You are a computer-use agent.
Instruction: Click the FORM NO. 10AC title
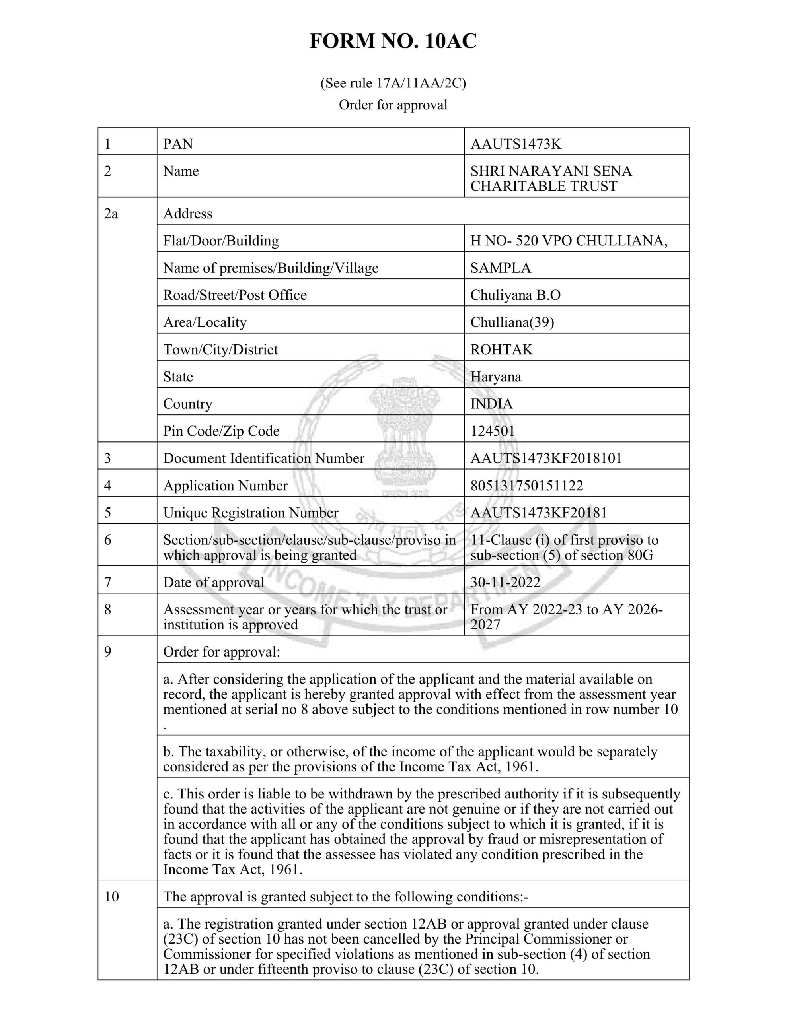point(393,41)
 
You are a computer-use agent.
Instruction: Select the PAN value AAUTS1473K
point(516,144)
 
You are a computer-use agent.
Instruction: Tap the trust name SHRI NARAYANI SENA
point(551,171)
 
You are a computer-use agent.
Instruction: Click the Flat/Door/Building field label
point(221,241)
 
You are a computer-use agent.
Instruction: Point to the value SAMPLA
point(500,268)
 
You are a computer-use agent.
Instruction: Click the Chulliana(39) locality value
point(512,322)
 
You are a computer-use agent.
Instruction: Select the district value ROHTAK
point(501,350)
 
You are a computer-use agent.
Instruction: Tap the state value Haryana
point(495,377)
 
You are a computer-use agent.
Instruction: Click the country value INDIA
point(491,404)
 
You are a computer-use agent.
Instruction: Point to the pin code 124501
point(492,431)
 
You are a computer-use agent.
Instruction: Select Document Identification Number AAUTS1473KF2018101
point(546,458)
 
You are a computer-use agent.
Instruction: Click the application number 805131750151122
point(526,486)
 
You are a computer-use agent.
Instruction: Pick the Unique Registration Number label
point(251,513)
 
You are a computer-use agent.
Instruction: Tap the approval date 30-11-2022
point(505,582)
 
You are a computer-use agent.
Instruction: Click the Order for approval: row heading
point(222,652)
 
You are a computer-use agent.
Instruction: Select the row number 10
point(111,896)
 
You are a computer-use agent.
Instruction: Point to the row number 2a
point(111,214)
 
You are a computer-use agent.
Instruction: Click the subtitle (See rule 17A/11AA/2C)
point(393,83)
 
